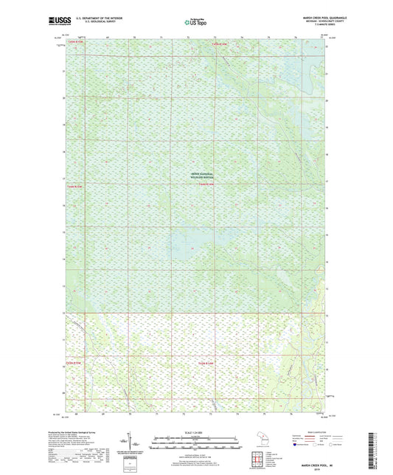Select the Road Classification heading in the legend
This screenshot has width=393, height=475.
click(x=303, y=429)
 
